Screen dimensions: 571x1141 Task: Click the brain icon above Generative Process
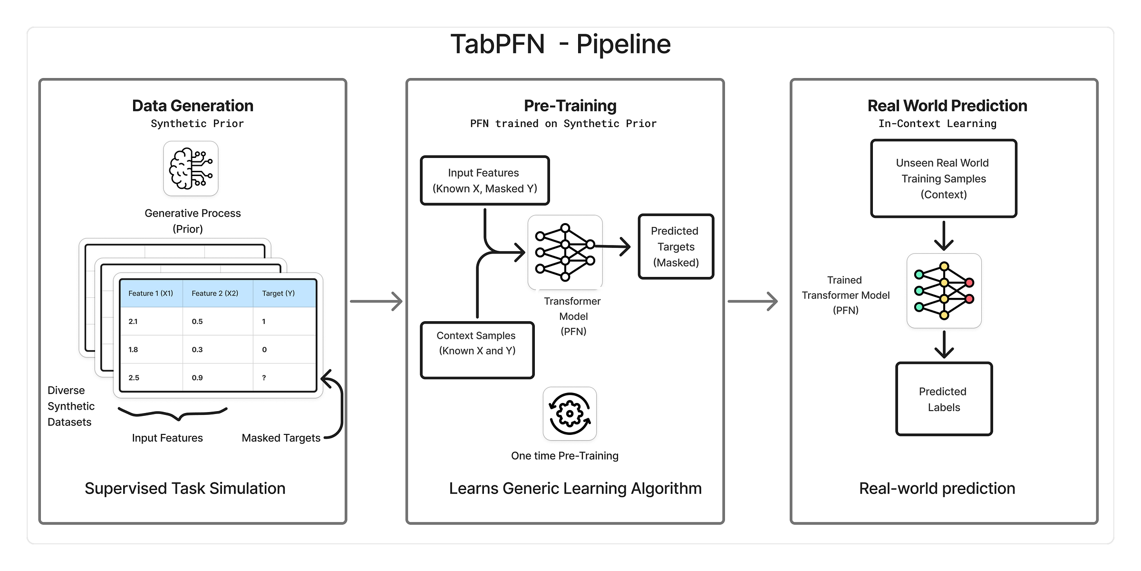tap(191, 168)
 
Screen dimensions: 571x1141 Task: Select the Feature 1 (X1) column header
tap(151, 293)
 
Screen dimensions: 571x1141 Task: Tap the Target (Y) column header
tap(279, 293)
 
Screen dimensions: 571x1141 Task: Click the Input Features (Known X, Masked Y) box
tap(484, 181)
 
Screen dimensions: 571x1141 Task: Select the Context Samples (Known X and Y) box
tap(477, 350)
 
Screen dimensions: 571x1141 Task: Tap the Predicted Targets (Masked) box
tap(676, 246)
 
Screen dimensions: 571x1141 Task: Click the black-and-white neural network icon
tap(565, 252)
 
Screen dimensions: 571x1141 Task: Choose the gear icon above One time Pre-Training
tap(570, 413)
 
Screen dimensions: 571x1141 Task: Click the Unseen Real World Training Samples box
tap(943, 178)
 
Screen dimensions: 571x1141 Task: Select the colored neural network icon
tap(944, 290)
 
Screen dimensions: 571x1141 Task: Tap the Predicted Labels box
tap(944, 399)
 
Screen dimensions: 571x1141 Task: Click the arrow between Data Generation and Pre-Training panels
tap(376, 301)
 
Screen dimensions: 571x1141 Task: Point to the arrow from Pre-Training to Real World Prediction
tap(753, 301)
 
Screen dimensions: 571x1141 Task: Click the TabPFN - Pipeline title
tap(561, 44)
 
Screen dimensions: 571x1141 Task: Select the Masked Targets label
tap(281, 438)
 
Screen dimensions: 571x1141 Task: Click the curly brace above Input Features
tap(173, 413)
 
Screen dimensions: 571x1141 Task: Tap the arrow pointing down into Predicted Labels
tap(944, 345)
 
